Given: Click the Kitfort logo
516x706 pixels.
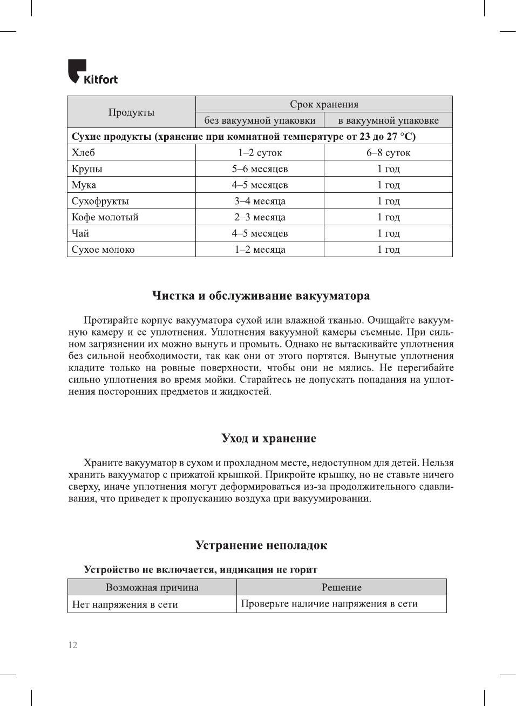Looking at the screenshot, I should click(x=92, y=72).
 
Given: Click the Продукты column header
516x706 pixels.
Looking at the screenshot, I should click(x=131, y=112).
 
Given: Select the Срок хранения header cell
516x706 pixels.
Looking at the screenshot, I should click(x=324, y=104).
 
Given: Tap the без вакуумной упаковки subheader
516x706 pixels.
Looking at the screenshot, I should click(x=260, y=120).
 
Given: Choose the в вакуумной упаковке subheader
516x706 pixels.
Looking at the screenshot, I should click(x=388, y=120).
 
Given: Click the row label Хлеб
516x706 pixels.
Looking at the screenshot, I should click(x=84, y=153).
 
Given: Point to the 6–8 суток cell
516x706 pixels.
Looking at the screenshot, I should click(x=388, y=153).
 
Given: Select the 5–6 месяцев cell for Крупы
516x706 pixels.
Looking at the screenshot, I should click(x=260, y=169).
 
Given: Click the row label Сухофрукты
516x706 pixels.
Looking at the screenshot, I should click(x=100, y=201).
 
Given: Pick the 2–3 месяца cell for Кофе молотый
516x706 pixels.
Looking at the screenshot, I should click(x=260, y=218).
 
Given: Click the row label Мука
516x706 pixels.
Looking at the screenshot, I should click(x=84, y=185).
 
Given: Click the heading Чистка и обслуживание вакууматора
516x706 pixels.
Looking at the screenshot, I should click(x=261, y=296).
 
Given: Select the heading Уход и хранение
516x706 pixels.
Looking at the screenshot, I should click(x=269, y=439).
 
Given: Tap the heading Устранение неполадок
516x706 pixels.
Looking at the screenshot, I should click(x=261, y=546).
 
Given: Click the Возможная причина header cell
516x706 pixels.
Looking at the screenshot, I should click(x=152, y=588).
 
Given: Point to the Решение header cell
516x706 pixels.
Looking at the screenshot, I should click(x=342, y=588).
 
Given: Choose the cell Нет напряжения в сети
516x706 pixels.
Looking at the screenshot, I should click(x=125, y=604).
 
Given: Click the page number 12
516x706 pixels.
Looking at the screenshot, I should click(x=73, y=645).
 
